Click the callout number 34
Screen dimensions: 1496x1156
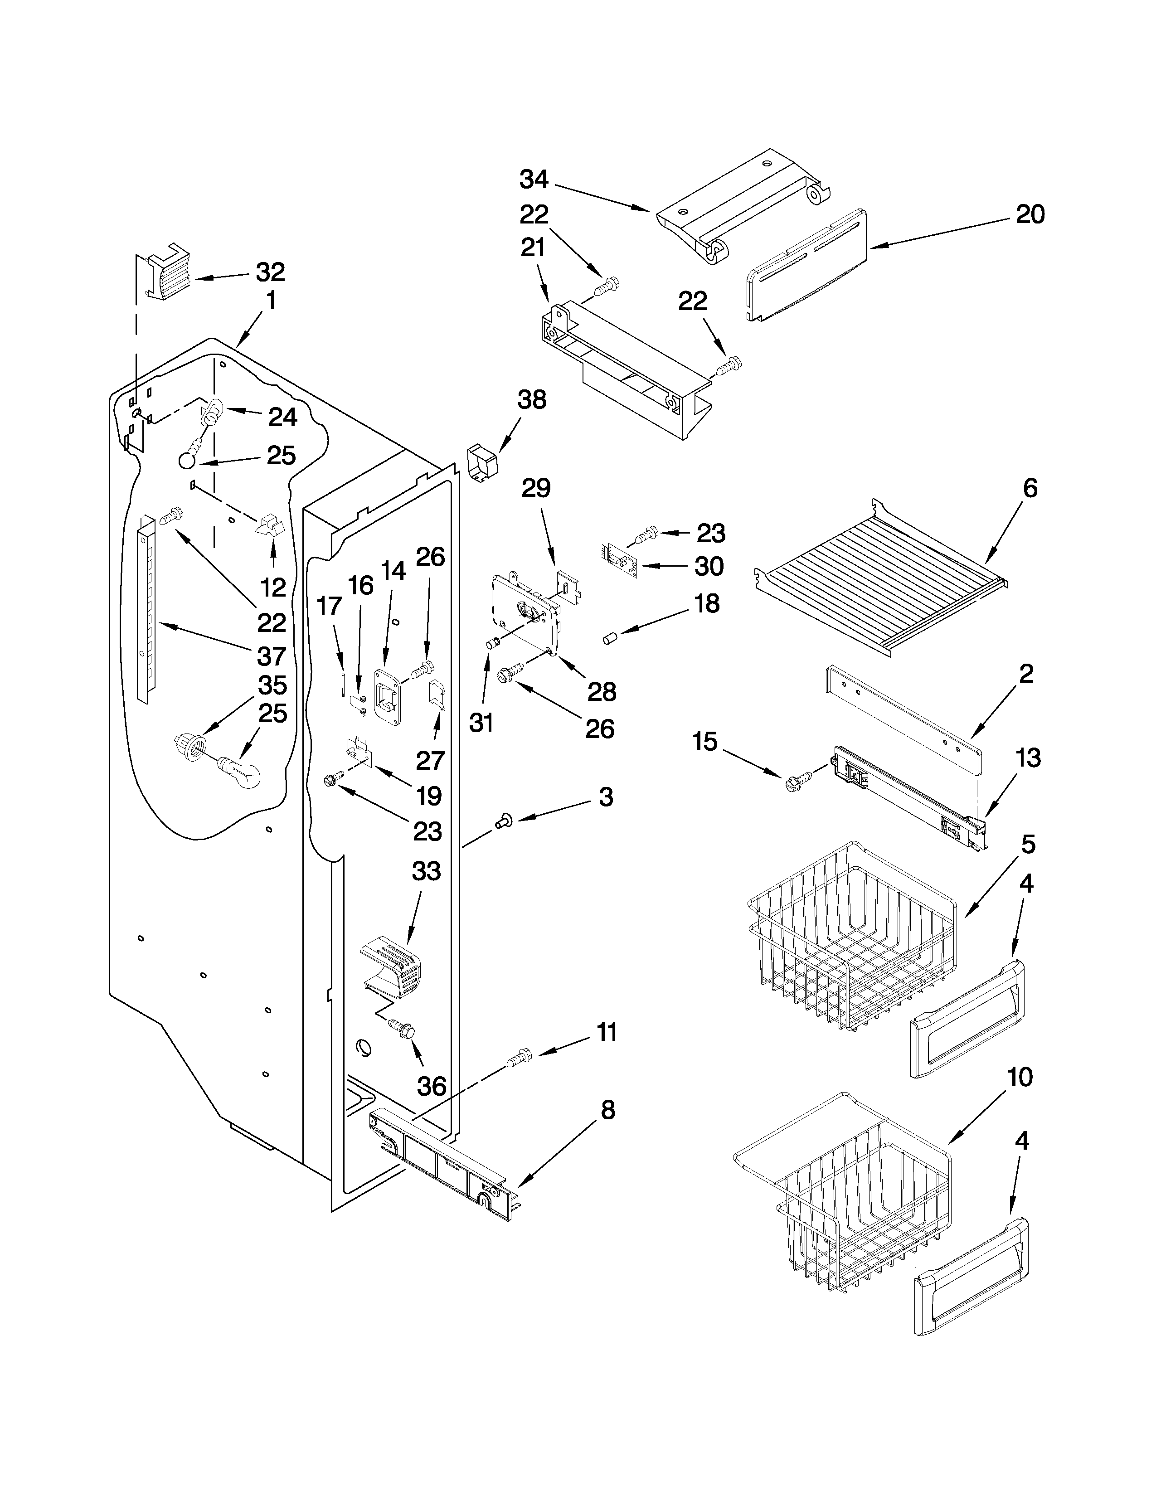(x=534, y=180)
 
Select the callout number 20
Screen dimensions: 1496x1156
(x=1030, y=214)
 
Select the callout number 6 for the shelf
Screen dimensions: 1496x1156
(x=1030, y=488)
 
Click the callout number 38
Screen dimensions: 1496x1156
(x=531, y=399)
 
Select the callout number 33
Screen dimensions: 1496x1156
(x=426, y=871)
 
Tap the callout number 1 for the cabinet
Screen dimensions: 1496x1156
(x=271, y=300)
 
